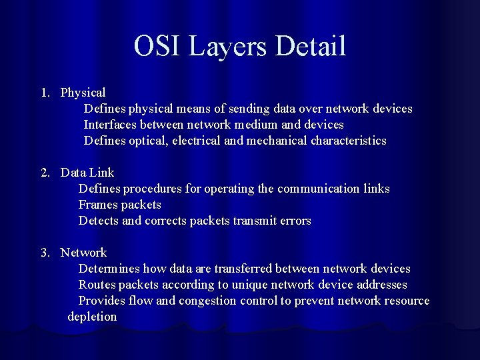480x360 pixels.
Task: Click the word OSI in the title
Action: tap(157, 46)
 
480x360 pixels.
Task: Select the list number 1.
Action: tap(45, 93)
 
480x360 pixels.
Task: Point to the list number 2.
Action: tap(45, 173)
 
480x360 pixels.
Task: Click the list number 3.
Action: tap(45, 253)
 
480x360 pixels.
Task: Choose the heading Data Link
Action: tap(87, 173)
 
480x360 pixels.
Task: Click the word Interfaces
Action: tap(110, 125)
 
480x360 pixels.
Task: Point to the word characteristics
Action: tap(348, 141)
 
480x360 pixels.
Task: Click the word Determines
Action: tap(109, 269)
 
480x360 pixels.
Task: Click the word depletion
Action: tap(92, 317)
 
